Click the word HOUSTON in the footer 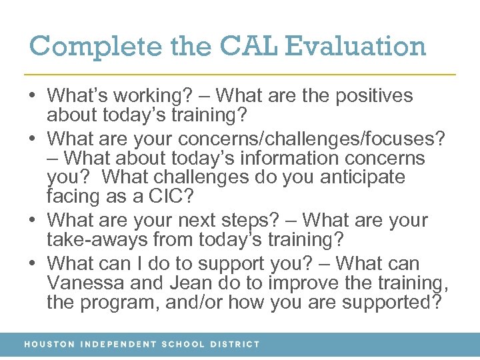click(49, 345)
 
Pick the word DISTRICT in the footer click(235, 345)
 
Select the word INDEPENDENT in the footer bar click(117, 345)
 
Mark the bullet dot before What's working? click(33, 96)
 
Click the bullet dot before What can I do click(33, 263)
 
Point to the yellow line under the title click(240, 73)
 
